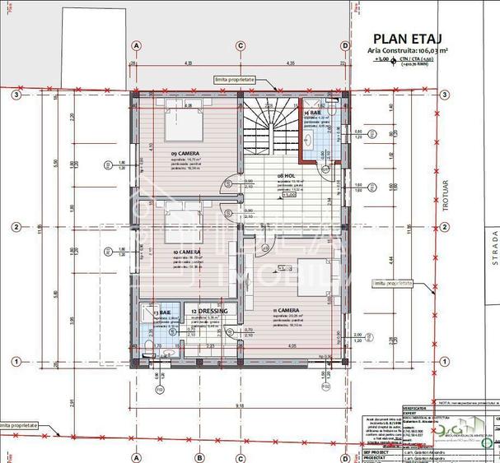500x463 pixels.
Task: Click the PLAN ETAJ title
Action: tap(409, 38)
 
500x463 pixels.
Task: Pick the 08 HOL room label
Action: tap(287, 175)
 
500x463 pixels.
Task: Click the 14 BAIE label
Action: tap(316, 112)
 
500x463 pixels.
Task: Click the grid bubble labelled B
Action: tap(199, 457)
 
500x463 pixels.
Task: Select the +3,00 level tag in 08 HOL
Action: tap(289, 195)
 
